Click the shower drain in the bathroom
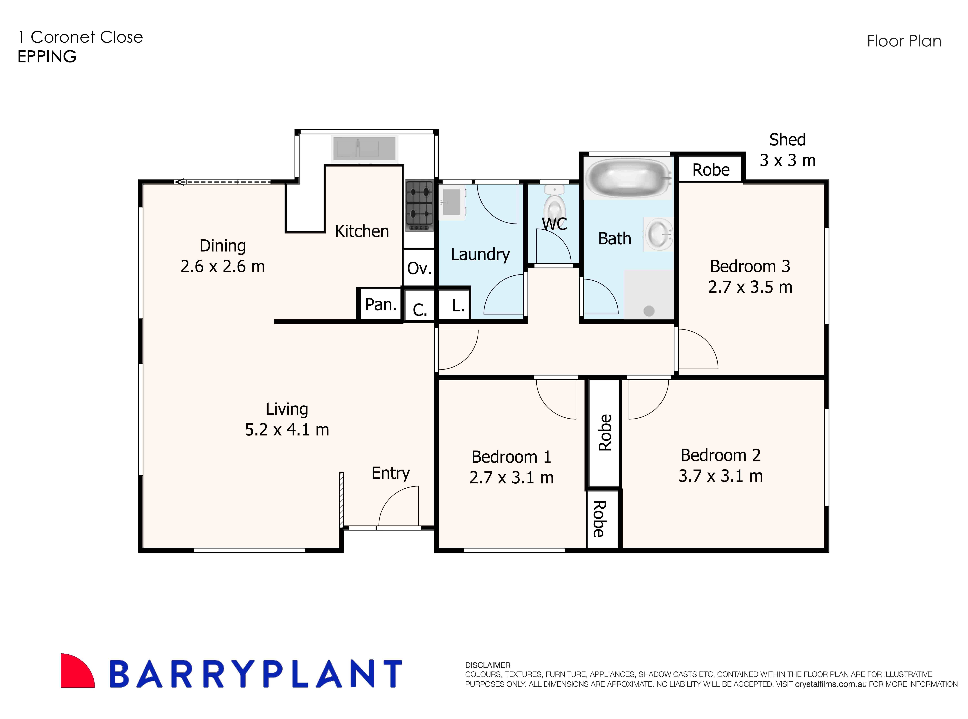649,311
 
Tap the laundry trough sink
452,202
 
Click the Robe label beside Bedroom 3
711,170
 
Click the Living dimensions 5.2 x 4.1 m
287,430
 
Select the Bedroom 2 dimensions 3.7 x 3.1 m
720,476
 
